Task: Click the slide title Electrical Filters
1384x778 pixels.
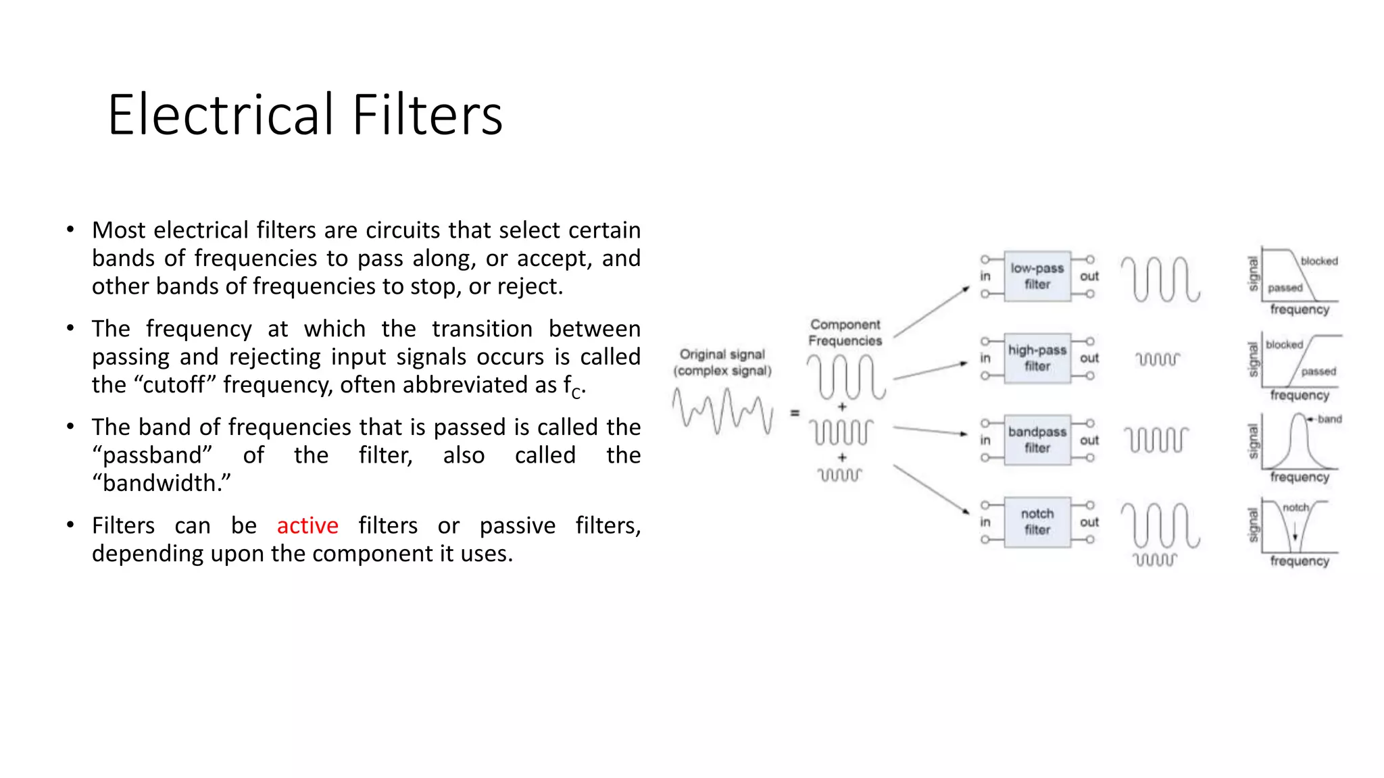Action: [x=305, y=115]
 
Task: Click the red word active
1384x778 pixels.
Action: [x=307, y=525]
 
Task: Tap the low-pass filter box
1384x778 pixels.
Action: [x=1037, y=276]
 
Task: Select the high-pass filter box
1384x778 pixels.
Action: [x=1037, y=358]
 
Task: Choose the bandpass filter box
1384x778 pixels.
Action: [x=1037, y=440]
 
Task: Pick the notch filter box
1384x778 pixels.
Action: [x=1037, y=522]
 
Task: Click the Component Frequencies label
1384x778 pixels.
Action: [x=845, y=332]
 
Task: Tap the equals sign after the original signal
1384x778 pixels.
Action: [x=795, y=413]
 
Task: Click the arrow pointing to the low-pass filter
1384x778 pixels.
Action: [x=932, y=311]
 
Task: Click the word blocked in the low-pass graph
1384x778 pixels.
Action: [x=1318, y=261]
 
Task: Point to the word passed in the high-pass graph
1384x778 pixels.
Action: [x=1318, y=371]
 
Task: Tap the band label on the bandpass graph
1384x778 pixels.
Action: [x=1329, y=419]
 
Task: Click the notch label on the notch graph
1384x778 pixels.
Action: [x=1295, y=508]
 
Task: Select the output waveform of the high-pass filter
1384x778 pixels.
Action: [x=1157, y=359]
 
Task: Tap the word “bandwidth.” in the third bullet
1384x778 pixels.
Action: [x=162, y=484]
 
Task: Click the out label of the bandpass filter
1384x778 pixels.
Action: [x=1089, y=440]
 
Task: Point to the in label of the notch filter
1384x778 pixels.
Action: [x=985, y=522]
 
